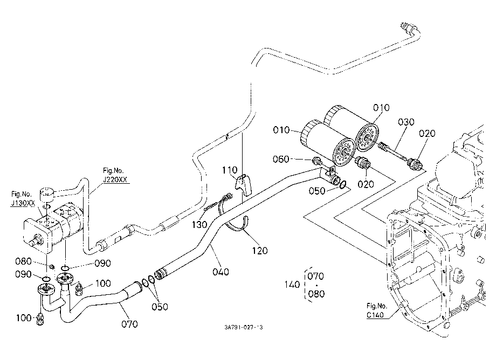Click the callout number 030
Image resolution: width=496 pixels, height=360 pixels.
point(406,122)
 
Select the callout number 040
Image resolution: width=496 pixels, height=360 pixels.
point(221,272)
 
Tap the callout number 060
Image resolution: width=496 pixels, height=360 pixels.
point(281,159)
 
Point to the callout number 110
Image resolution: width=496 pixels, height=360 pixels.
point(229,170)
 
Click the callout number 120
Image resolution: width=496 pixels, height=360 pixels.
point(260,251)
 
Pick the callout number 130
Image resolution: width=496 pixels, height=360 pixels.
point(199,225)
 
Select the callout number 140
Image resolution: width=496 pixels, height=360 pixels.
point(292,285)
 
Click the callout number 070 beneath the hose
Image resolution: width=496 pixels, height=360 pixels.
point(130,324)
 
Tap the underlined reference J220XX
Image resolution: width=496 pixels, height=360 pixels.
point(115,180)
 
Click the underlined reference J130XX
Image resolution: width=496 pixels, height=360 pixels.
point(23,203)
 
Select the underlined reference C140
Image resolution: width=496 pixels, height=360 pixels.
point(375,315)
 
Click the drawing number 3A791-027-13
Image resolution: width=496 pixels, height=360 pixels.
point(244,328)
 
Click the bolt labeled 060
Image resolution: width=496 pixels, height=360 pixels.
point(317,162)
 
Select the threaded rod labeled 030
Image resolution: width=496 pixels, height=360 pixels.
point(392,151)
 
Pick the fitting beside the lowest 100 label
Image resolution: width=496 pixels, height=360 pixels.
point(40,319)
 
